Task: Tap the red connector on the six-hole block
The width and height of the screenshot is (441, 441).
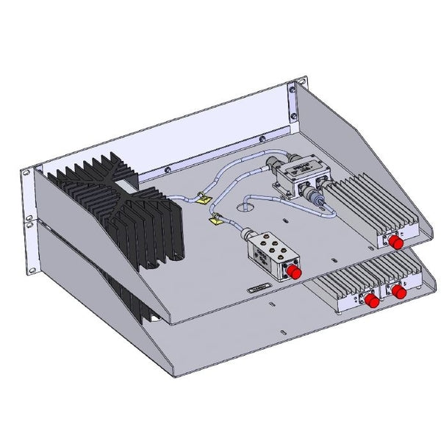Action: pos(293,273)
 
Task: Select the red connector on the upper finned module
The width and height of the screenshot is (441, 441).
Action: pos(396,242)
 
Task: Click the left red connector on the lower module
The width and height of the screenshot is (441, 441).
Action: pos(372,301)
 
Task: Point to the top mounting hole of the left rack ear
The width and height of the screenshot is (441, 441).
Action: pos(26,173)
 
